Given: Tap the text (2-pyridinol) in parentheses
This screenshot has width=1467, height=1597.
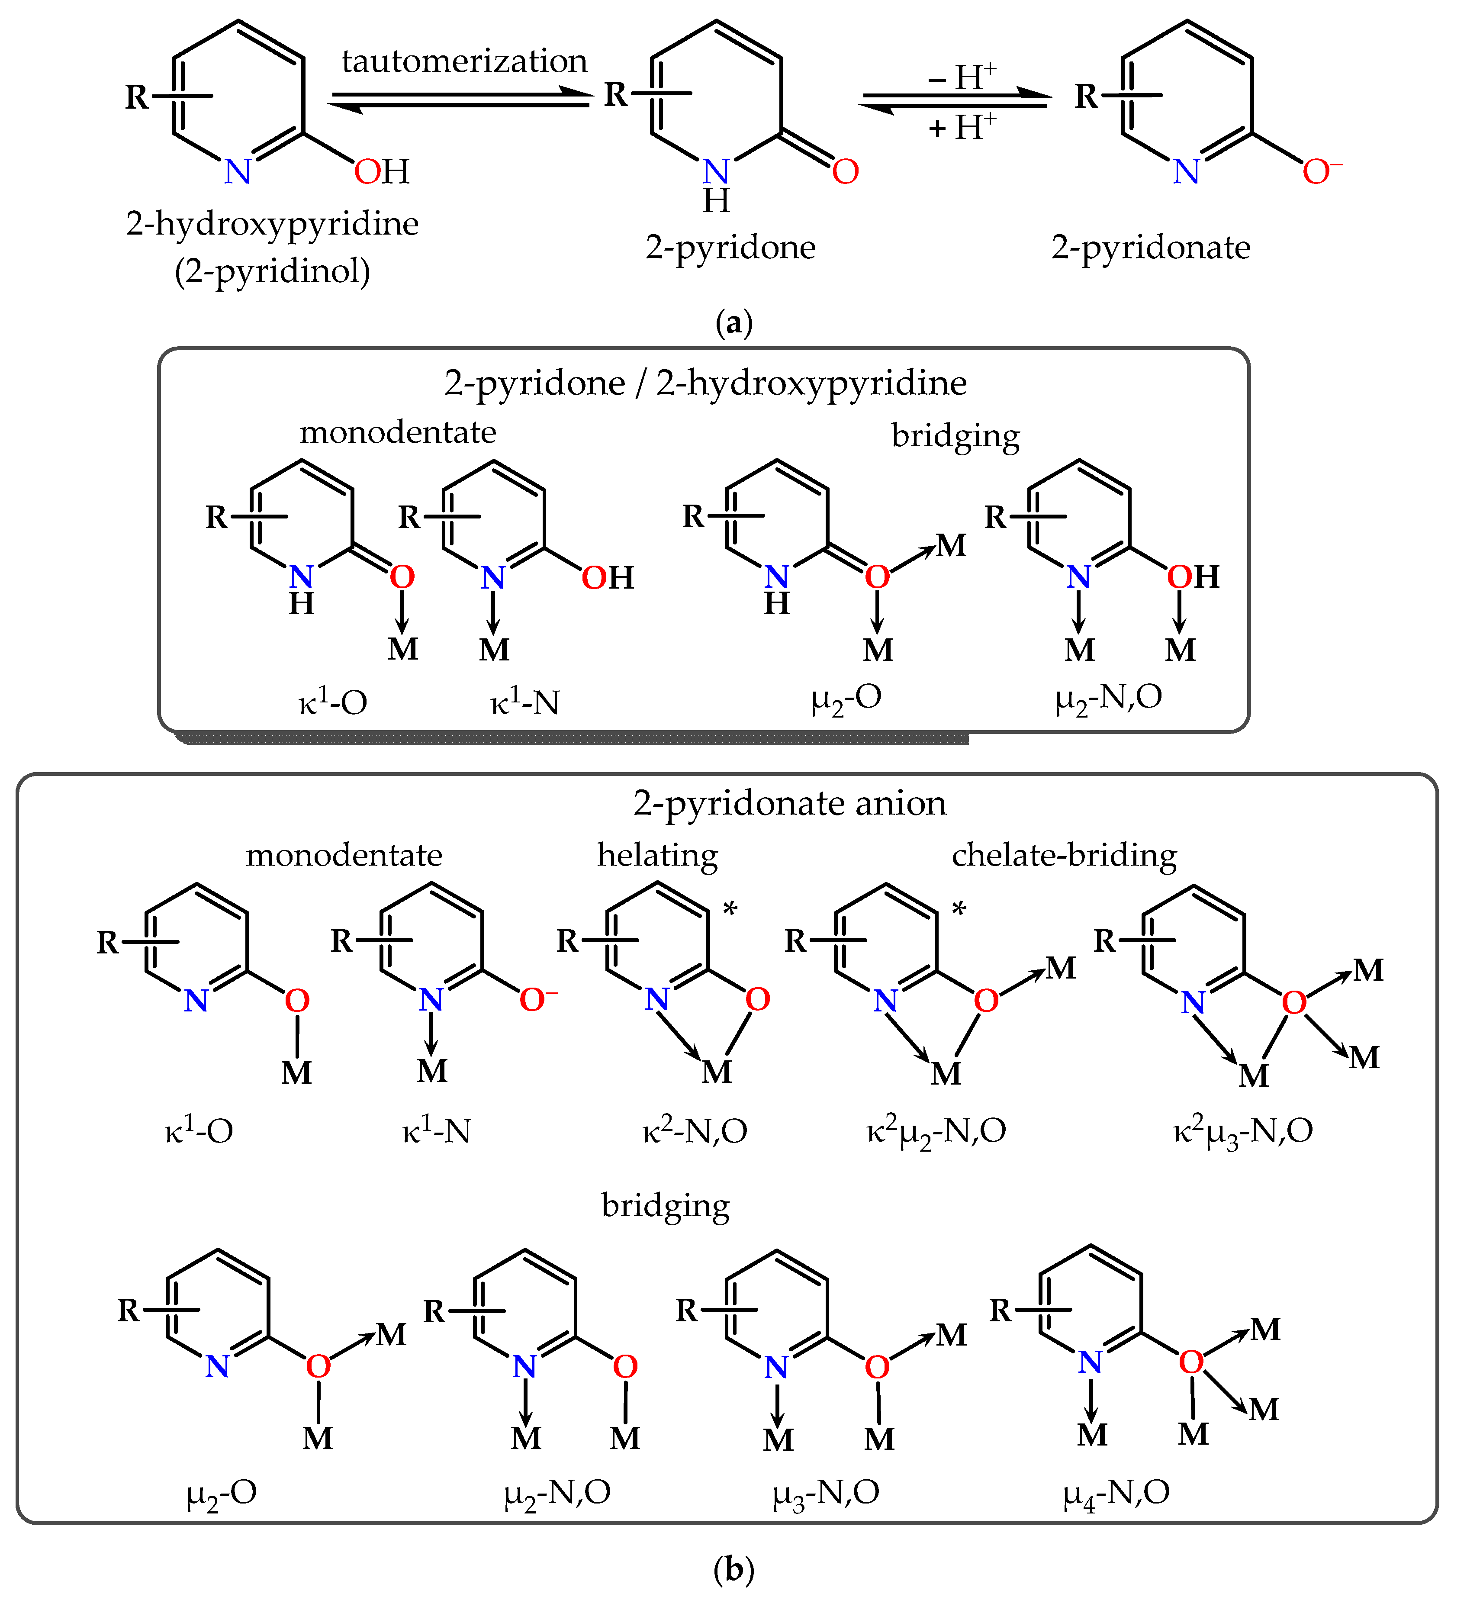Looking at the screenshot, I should pyautogui.click(x=272, y=271).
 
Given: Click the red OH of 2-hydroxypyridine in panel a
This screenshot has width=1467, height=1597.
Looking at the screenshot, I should pyautogui.click(x=381, y=171).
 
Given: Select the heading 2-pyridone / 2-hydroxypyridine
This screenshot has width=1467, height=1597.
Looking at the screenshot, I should pyautogui.click(x=705, y=383).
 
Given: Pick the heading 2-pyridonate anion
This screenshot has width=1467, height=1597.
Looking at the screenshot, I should pyautogui.click(x=790, y=803).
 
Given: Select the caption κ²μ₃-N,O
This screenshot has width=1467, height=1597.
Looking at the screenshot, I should pyautogui.click(x=1243, y=1131).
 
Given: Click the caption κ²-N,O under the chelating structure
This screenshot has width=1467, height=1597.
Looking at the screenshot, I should pyautogui.click(x=695, y=1131).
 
